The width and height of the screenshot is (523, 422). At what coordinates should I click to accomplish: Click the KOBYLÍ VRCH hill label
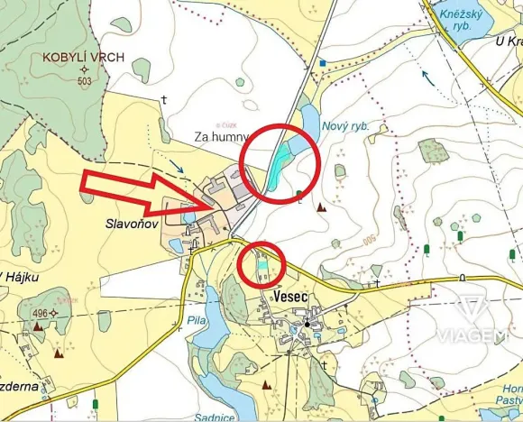click(84, 57)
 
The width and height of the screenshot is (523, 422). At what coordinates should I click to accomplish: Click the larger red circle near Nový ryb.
click(281, 162)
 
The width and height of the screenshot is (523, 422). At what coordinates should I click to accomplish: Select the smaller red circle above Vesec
click(262, 266)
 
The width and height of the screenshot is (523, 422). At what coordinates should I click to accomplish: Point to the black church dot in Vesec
click(307, 324)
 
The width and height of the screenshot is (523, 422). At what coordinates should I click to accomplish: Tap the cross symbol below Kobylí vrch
click(163, 98)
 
